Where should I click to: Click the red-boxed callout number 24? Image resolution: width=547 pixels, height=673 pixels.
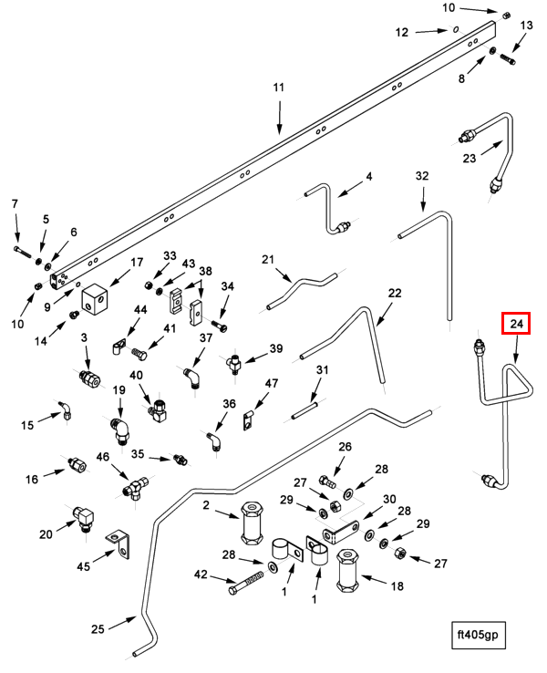[516, 323]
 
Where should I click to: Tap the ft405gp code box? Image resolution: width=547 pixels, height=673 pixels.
[479, 635]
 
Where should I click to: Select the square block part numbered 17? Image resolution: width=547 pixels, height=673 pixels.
[95, 299]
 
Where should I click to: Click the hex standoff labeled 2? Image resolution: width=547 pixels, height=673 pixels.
[252, 523]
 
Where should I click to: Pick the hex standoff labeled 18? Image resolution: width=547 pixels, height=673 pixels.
[347, 571]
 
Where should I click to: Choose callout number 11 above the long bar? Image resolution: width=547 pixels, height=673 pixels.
[279, 88]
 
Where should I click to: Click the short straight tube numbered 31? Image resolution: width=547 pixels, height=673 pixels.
[304, 410]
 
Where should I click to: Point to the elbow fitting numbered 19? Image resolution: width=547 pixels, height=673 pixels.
[119, 432]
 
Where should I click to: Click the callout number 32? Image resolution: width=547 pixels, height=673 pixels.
[422, 176]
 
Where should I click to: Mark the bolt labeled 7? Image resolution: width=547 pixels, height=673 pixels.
[22, 251]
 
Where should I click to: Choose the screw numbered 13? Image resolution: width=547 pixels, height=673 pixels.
[508, 58]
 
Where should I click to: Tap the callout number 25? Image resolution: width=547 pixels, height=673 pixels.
[98, 629]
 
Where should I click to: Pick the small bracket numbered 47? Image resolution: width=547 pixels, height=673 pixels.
[248, 419]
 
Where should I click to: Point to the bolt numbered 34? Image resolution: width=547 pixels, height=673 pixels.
[219, 325]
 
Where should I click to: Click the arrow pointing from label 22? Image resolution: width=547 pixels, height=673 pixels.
[385, 315]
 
